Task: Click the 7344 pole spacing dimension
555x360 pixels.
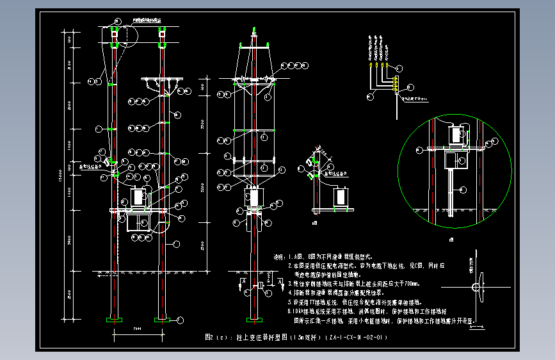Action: (138, 329)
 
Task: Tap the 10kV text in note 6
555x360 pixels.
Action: (298, 311)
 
